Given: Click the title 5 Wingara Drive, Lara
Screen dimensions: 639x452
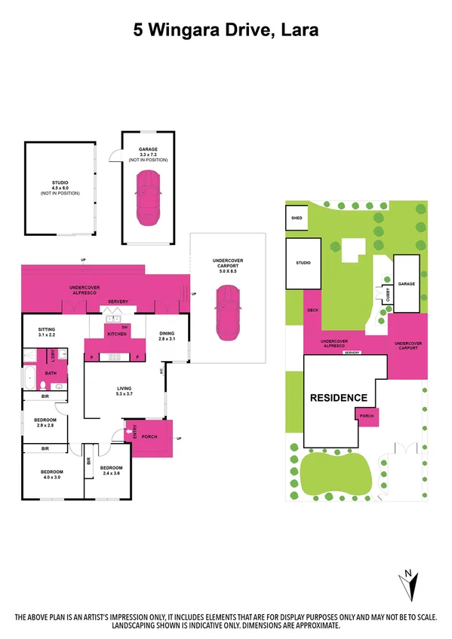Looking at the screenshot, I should tap(226, 31).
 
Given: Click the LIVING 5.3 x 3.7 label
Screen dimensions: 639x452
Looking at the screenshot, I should tap(125, 390).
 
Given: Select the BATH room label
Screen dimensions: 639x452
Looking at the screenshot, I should tap(51, 372).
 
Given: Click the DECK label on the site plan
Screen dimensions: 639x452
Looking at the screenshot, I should tap(313, 310).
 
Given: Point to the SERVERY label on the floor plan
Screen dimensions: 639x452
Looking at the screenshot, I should tap(118, 301).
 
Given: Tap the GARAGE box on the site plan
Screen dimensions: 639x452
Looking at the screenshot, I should tap(407, 283).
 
